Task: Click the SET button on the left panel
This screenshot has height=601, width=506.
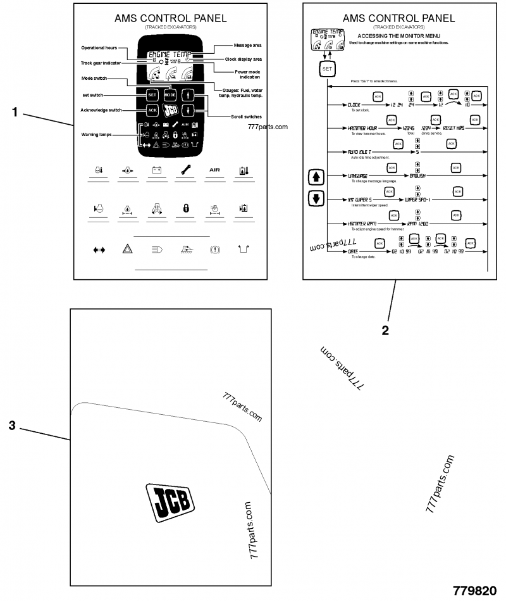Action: tap(152, 95)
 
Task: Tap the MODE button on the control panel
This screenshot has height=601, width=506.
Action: tap(170, 95)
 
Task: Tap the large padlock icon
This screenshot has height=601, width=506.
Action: tap(186, 208)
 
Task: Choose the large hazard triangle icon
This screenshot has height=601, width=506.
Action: tap(127, 250)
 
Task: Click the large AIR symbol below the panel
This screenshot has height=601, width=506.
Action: tap(215, 170)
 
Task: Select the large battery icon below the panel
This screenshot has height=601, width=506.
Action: tap(156, 170)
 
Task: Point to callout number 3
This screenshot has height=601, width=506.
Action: tap(12, 426)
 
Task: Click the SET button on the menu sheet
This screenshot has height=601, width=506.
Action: tap(326, 68)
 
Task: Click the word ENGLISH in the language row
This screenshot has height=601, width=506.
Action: tap(417, 176)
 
